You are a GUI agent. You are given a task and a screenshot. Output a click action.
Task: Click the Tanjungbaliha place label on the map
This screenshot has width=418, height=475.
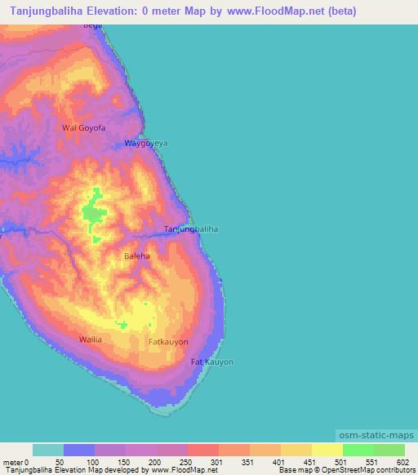point(191,229)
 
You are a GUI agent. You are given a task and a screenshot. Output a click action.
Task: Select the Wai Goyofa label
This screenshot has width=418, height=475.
point(84,128)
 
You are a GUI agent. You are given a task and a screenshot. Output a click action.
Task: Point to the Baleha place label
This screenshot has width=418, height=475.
point(136,255)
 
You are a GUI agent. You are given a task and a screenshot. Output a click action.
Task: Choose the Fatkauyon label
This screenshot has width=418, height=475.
point(168,341)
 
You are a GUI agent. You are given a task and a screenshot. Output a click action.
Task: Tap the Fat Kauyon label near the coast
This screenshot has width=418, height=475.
point(211,362)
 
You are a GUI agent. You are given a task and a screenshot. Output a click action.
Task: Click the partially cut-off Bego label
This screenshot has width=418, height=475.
point(93,26)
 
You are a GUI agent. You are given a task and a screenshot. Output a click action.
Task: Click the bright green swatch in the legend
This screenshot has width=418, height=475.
point(358,450)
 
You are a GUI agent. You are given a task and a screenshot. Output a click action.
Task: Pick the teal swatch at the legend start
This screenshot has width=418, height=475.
point(48,450)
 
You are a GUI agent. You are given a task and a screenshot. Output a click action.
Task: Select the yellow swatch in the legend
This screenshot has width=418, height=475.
point(327,450)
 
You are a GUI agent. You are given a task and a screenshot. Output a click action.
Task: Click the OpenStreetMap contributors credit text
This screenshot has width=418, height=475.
point(367,471)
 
